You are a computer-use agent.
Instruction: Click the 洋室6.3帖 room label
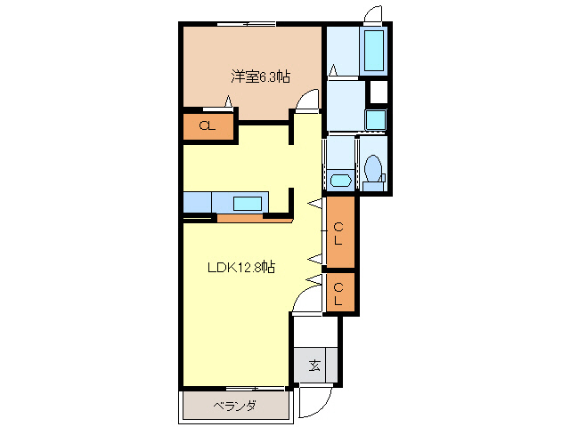(261, 77)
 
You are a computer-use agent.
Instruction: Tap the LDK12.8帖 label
(241, 268)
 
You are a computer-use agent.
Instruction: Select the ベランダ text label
(235, 407)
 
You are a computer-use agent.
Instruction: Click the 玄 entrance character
(314, 366)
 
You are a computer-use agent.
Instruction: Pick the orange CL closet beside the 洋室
(208, 126)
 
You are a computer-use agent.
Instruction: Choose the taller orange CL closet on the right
(339, 232)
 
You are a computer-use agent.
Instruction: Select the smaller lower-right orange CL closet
(339, 294)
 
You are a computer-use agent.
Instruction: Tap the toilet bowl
(373, 170)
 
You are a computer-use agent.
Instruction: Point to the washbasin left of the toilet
(339, 181)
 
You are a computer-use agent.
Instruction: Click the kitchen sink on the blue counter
(248, 202)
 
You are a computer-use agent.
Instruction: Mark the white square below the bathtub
(379, 92)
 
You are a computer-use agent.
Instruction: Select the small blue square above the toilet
(376, 118)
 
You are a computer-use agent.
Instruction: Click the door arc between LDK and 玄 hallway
(306, 302)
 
